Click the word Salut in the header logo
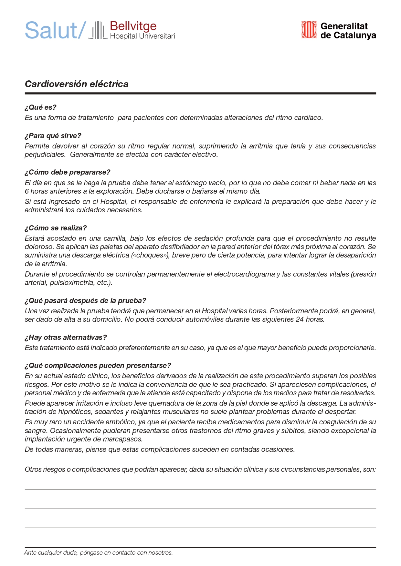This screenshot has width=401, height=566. coord(51,31)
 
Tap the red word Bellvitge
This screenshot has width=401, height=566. coord(133,26)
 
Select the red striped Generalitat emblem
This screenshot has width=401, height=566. coord(309,30)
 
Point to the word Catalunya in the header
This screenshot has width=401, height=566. coord(354,35)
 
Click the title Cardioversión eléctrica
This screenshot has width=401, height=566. coord(77,84)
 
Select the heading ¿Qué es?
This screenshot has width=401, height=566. coord(40,107)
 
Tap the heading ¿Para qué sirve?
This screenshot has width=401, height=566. coord(53,136)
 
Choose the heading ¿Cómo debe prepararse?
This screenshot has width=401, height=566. coord(68,172)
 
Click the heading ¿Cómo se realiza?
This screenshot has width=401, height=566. coord(56,228)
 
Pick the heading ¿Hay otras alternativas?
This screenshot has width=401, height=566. coord(66,338)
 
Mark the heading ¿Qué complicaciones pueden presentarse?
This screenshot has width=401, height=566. coord(98,366)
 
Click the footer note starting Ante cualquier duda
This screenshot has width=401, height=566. coord(99,553)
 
